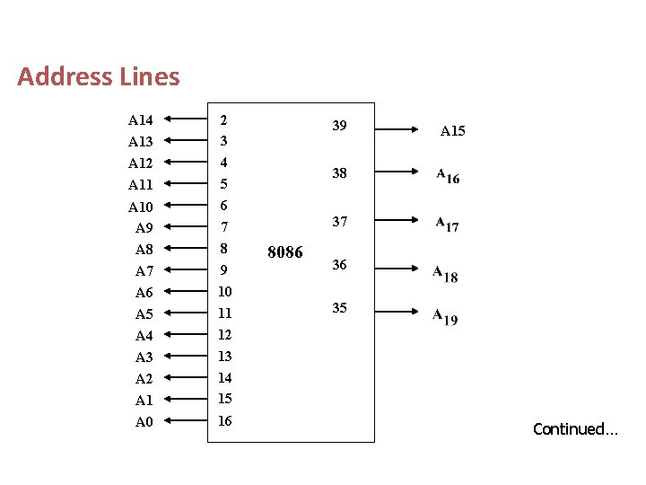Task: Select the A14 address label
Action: click(141, 120)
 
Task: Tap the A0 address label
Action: click(144, 422)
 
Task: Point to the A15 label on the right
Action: click(452, 131)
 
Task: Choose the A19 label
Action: click(445, 316)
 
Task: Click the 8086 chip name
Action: click(285, 252)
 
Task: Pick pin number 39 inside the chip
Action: click(339, 126)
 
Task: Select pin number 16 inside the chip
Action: click(225, 420)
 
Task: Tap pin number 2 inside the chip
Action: click(223, 119)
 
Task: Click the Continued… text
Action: click(575, 429)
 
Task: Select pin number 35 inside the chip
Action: click(339, 308)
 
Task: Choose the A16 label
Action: click(448, 176)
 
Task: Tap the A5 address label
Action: click(144, 314)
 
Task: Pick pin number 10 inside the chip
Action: click(225, 292)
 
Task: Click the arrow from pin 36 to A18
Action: click(396, 267)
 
